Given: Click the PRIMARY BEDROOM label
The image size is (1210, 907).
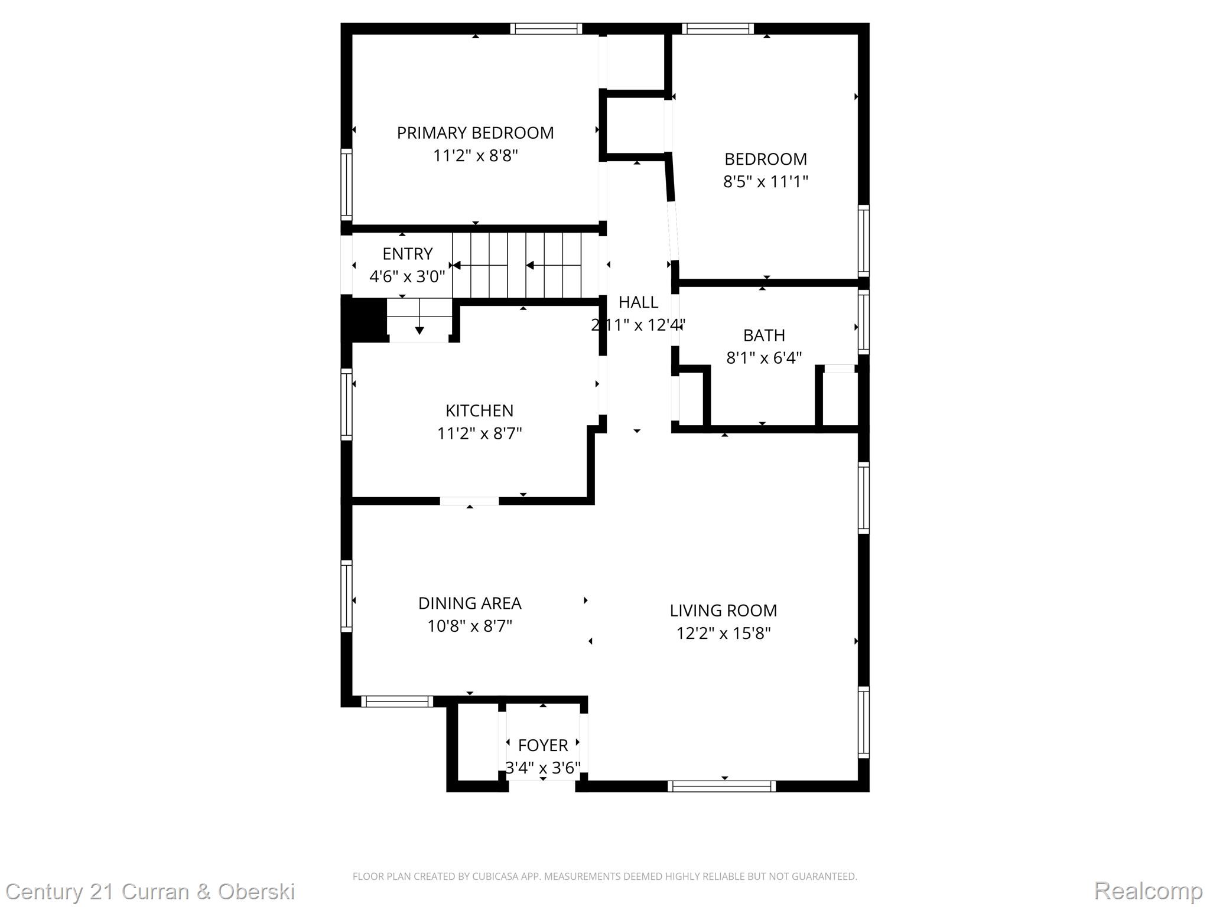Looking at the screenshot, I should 475,133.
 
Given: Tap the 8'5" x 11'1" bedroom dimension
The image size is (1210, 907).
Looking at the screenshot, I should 765,181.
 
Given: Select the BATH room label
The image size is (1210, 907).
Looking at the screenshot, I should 764,335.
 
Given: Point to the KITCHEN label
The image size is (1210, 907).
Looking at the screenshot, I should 479,410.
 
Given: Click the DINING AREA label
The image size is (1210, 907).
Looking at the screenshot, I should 470,603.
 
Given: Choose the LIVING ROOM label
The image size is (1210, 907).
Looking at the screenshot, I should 723,610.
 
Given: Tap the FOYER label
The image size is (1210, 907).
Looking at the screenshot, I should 543,745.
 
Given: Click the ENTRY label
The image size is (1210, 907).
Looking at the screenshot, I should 407,254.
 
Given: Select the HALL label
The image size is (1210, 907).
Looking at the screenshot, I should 638,302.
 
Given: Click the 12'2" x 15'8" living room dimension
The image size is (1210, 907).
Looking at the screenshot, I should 723,633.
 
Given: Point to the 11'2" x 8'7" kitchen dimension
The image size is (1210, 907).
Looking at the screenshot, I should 479,433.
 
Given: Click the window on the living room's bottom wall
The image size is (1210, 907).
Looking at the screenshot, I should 722,786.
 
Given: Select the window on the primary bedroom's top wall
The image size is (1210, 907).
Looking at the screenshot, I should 546,28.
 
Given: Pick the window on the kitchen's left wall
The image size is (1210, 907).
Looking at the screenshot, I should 347,404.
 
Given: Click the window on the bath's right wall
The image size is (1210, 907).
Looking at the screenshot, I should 863,323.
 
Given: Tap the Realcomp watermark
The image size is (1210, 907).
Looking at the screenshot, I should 1148,890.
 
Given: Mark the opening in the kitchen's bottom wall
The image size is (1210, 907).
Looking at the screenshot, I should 469,501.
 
